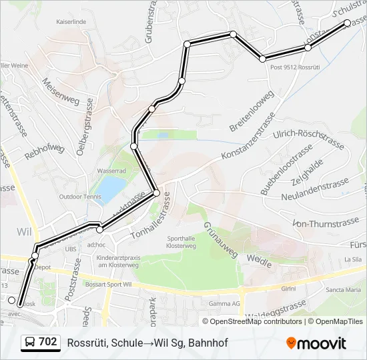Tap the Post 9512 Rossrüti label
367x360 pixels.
coord(296,67)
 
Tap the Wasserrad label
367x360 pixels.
coord(111,171)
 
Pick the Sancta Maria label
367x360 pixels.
coord(342,290)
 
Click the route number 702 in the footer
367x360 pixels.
coord(47,342)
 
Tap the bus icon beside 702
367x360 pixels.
coord(30,342)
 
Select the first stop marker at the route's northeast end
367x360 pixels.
coord(347,23)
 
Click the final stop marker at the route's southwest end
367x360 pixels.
coord(11,301)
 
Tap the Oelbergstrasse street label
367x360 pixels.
coord(85,133)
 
